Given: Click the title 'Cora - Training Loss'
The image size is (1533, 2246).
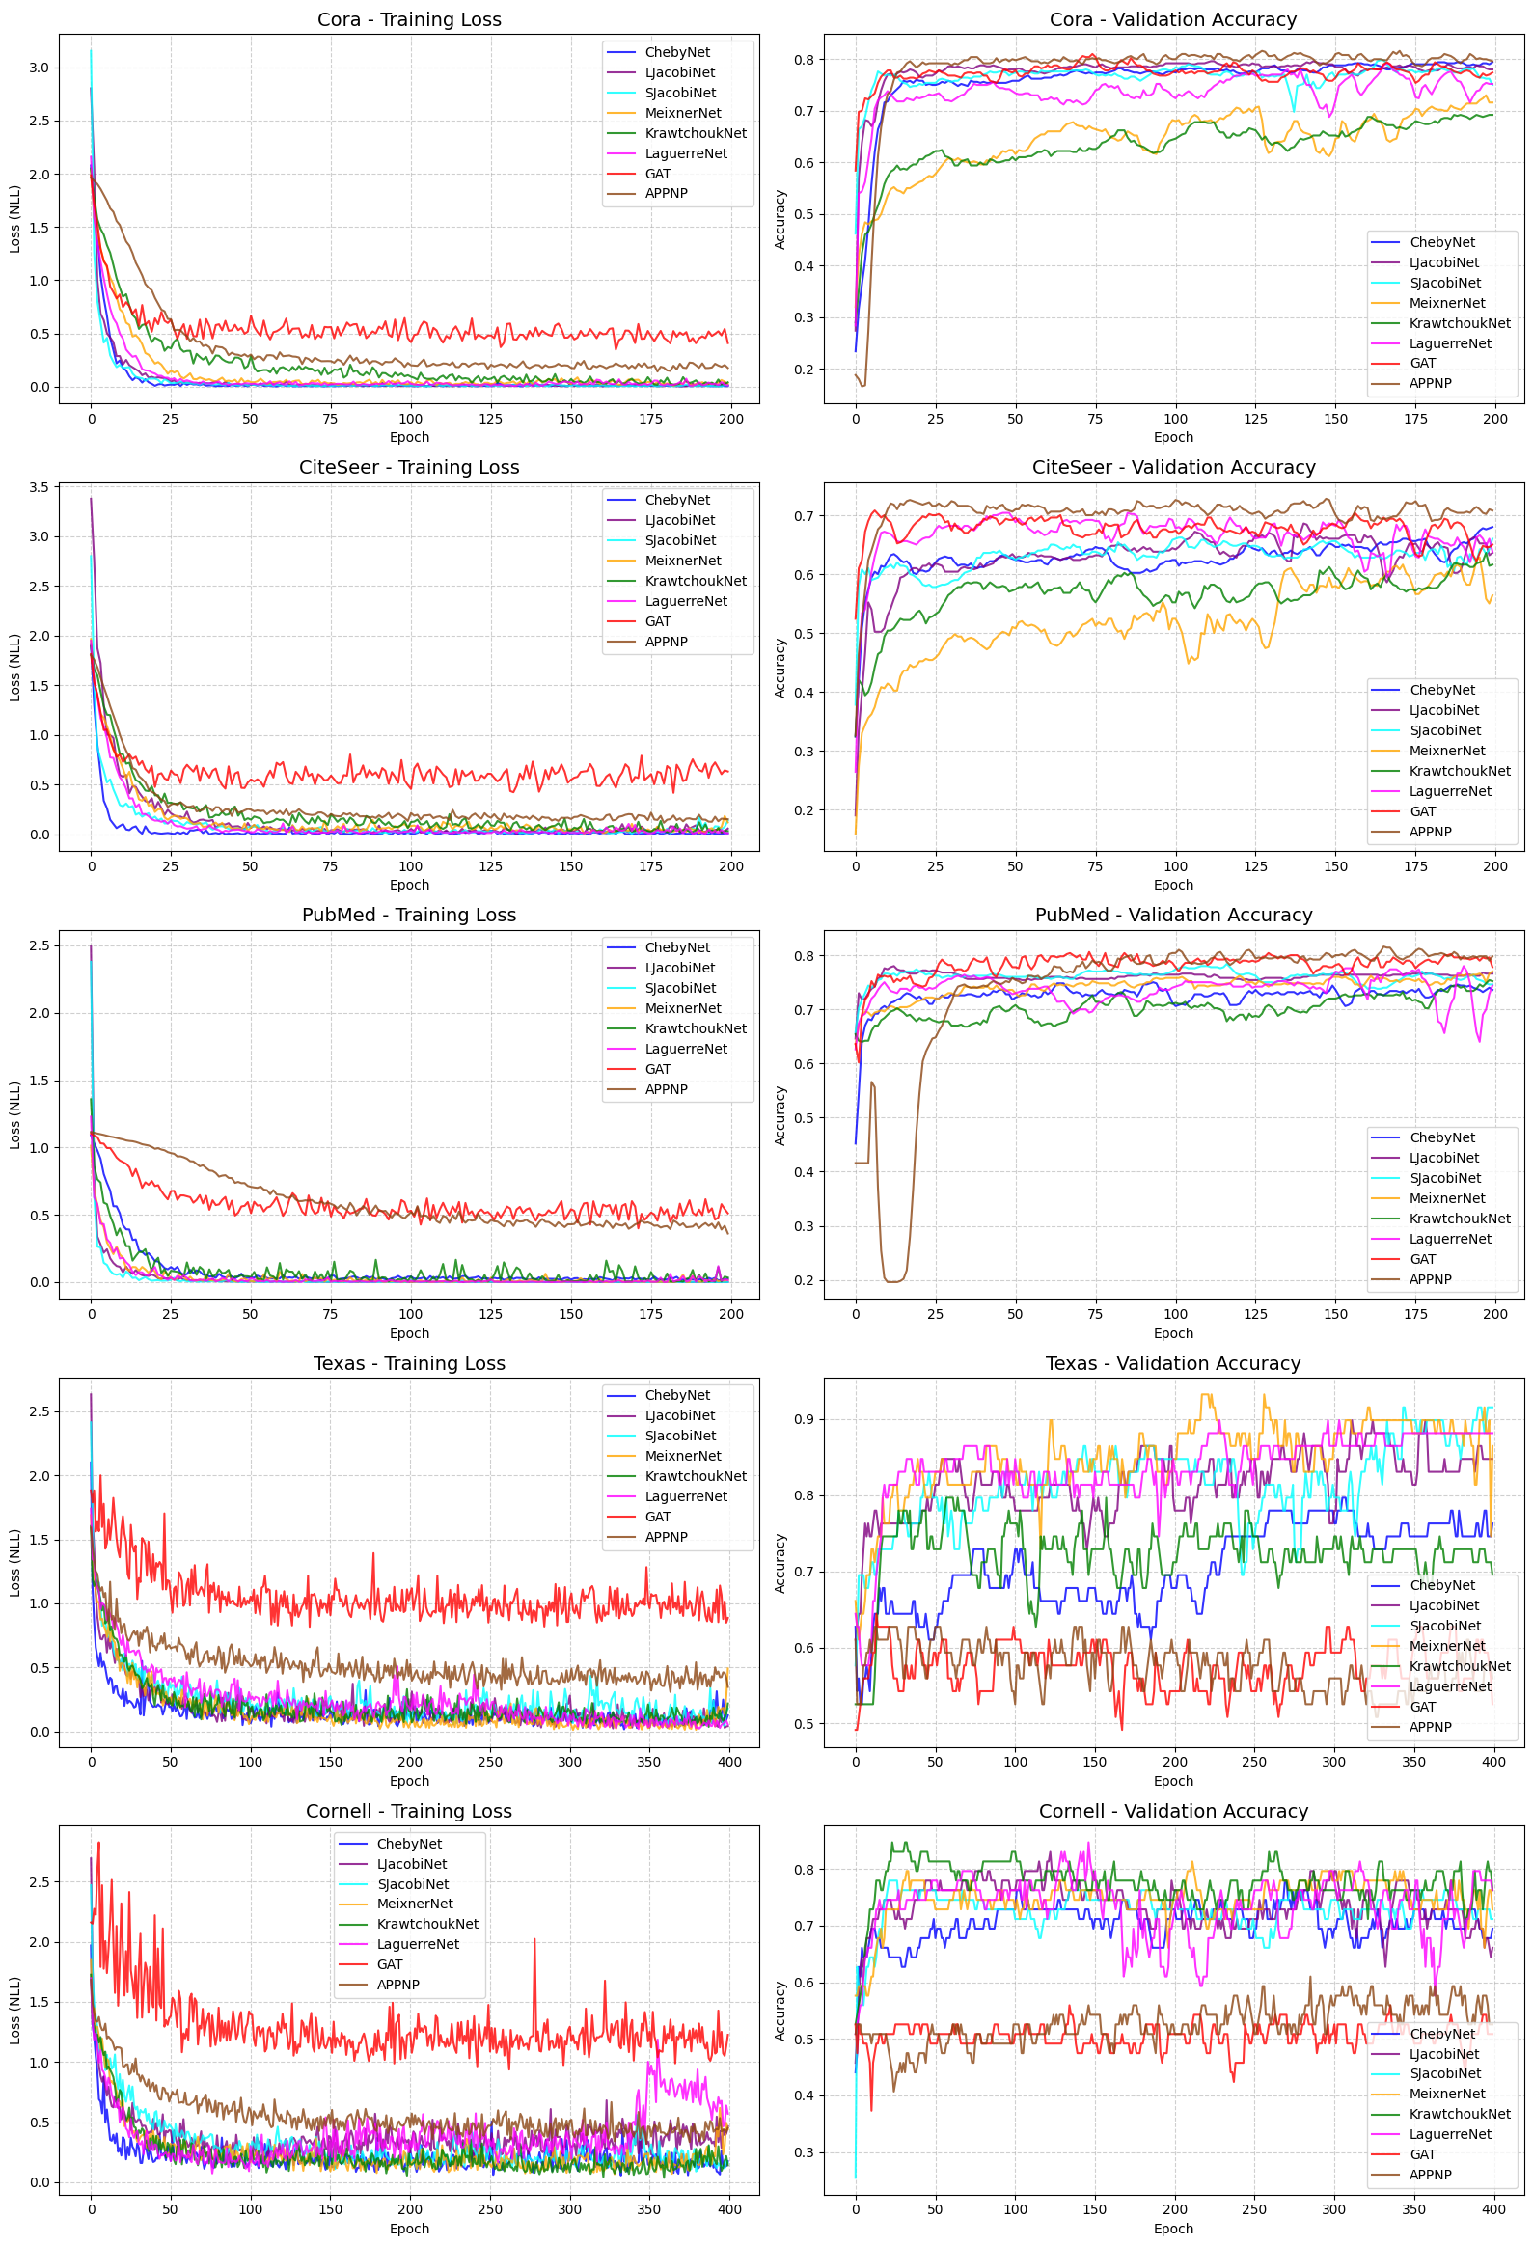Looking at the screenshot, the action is [409, 19].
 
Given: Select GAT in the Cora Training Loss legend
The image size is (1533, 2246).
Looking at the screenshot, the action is [657, 174].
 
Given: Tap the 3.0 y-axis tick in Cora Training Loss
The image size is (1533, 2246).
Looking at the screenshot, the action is [39, 68].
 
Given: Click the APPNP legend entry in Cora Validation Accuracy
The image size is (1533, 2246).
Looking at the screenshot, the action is [1430, 384].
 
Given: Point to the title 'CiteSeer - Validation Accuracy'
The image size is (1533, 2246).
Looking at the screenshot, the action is [1173, 467].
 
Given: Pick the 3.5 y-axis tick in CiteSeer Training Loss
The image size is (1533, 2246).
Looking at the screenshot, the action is [39, 487].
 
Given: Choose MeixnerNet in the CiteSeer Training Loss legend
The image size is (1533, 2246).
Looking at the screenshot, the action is [682, 561].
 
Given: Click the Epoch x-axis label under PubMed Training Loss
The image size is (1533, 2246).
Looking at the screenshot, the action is [409, 1332].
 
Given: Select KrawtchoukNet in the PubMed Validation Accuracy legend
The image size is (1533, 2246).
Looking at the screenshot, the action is [1460, 1219].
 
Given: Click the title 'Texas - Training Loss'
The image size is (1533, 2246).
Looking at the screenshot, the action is [409, 1362].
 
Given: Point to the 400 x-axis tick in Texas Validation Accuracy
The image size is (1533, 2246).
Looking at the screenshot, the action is [1493, 1761].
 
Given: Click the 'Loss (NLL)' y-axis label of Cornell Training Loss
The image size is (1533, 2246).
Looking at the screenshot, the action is [14, 2010].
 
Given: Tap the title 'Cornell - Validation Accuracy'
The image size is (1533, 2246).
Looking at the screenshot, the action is [1173, 1810].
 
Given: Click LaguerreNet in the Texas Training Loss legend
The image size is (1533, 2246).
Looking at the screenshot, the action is [686, 1496].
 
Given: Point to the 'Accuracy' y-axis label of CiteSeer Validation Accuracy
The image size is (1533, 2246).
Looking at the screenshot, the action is [780, 667].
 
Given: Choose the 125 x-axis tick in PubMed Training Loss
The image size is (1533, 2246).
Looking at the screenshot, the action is [490, 1313].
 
